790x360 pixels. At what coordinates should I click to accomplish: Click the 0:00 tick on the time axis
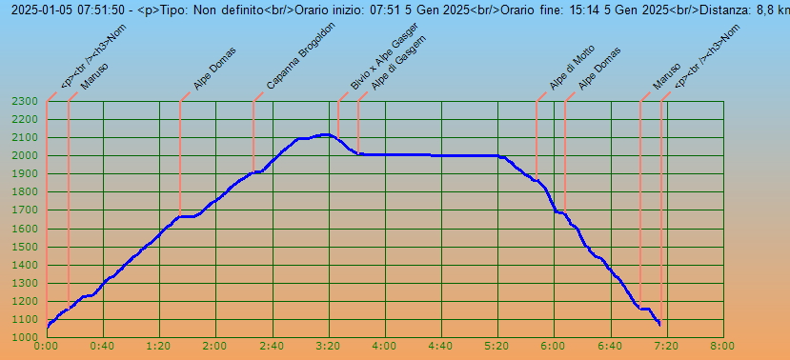47,347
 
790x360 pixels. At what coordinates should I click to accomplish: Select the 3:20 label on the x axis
329,347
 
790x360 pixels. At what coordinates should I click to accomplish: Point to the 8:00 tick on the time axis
723,347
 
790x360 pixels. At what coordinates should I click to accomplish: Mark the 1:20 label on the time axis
159,347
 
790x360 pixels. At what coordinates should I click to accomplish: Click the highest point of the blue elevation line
324,134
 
